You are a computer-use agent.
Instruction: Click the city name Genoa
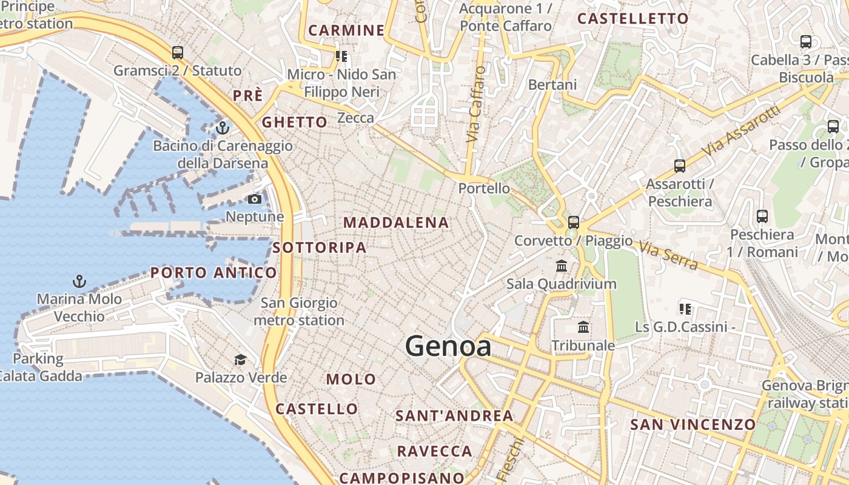coord(448,346)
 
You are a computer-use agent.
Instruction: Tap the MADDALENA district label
coord(397,222)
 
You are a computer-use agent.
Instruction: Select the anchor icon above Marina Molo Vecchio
coord(79,281)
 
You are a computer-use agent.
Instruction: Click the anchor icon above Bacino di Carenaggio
coord(223,128)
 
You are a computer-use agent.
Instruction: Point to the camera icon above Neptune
coord(255,199)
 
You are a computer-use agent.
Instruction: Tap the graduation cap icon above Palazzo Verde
coord(240,360)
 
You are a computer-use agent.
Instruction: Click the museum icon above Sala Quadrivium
coord(562,266)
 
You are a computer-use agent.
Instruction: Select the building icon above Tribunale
coord(583,327)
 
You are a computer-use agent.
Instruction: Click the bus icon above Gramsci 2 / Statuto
coord(177,53)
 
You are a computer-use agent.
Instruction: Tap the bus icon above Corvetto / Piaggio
coord(573,222)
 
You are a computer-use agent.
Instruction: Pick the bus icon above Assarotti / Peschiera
coord(680,166)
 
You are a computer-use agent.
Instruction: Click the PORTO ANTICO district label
coord(213,273)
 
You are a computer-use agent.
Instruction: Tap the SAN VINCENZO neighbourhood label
coord(693,424)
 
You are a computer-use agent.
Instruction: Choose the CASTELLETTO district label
coord(633,19)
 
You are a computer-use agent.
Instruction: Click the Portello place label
coord(484,188)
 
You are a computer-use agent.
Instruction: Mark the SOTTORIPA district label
coord(319,247)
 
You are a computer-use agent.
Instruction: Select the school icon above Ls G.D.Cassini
coord(685,309)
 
